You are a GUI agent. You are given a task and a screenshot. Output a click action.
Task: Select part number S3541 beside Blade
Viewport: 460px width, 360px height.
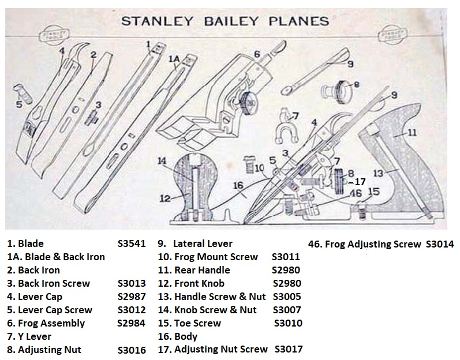click(x=132, y=243)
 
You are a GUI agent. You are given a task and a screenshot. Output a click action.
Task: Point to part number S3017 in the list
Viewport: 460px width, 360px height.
click(x=288, y=349)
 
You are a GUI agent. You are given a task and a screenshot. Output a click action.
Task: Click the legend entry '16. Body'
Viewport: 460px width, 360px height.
click(x=178, y=336)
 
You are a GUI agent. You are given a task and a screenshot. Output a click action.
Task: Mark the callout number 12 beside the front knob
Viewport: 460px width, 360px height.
click(x=166, y=198)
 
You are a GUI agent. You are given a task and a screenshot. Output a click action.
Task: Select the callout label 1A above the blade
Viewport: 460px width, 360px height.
click(x=173, y=59)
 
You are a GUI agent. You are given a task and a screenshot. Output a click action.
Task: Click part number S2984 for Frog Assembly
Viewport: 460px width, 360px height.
click(x=130, y=323)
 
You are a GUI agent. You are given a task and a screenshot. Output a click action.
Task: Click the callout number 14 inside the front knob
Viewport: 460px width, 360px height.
click(x=163, y=161)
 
